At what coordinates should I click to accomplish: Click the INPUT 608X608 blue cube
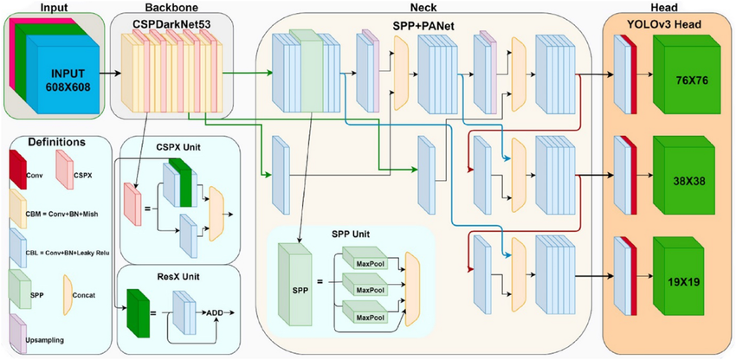[68, 75]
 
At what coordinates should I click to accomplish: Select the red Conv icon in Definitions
[20, 169]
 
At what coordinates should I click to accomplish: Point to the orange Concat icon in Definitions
[68, 288]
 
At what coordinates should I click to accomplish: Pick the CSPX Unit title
[180, 146]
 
